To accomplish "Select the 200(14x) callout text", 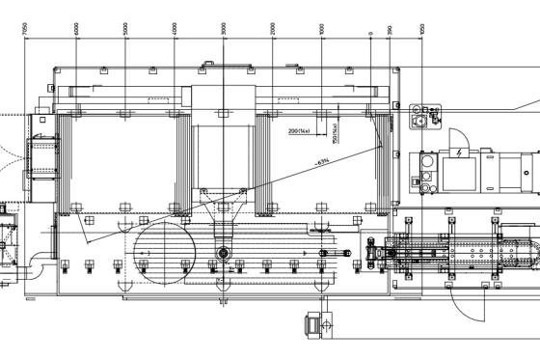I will tap(299, 130).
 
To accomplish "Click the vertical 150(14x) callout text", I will tap(334, 133).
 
